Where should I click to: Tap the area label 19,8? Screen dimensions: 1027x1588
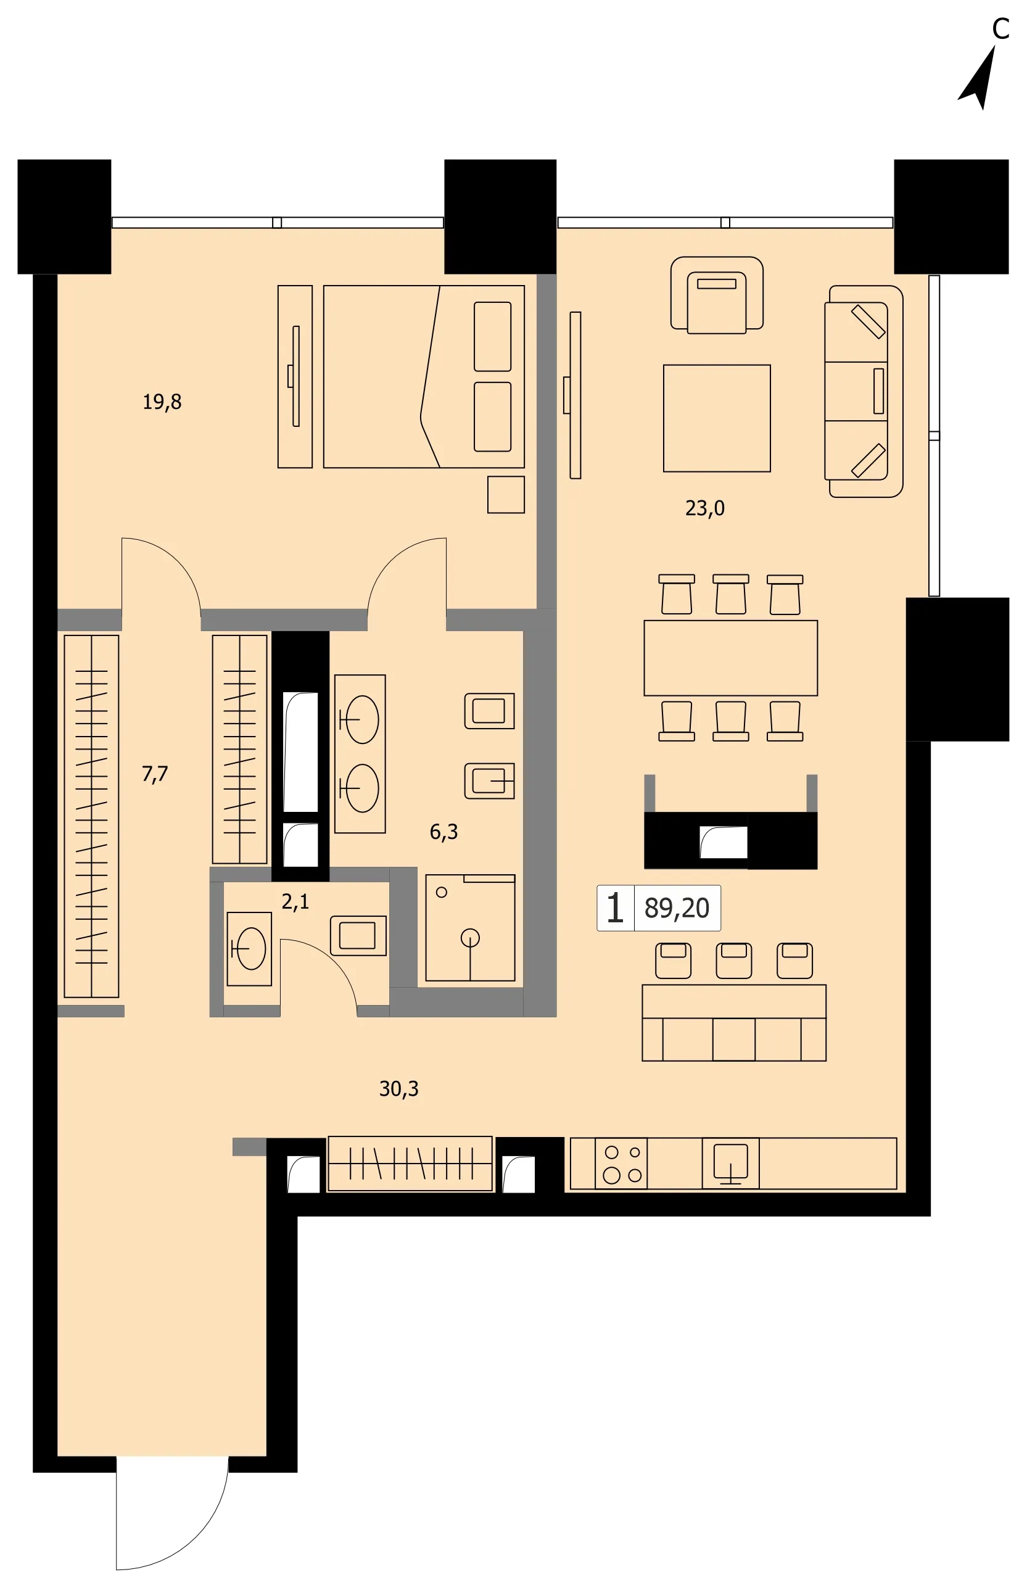[x=162, y=402]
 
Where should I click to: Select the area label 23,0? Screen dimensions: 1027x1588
[x=705, y=509]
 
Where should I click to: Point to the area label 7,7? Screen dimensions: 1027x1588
[x=155, y=774]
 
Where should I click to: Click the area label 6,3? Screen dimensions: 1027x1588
[x=444, y=832]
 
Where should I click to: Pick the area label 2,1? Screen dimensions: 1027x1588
[x=295, y=902]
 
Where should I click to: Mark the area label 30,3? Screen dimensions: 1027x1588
[x=399, y=1089]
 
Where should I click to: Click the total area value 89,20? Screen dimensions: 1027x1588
[x=677, y=908]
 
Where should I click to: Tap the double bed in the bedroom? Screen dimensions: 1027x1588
[x=424, y=377]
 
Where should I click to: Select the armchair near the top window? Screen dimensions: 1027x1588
[x=717, y=295]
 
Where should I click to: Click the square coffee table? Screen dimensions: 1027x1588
[x=717, y=418]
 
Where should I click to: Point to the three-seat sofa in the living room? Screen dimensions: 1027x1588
[x=864, y=392]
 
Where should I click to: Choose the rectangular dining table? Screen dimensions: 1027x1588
[x=731, y=658]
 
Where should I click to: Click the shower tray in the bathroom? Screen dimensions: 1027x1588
[x=471, y=928]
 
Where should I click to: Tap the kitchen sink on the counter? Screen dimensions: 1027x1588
[x=731, y=1163]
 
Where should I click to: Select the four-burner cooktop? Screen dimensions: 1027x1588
[x=622, y=1163]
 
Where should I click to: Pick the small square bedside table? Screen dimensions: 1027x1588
[x=506, y=495]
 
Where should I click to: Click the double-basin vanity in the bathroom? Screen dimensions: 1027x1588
[x=360, y=755]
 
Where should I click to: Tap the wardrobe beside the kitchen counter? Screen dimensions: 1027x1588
[x=410, y=1164]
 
